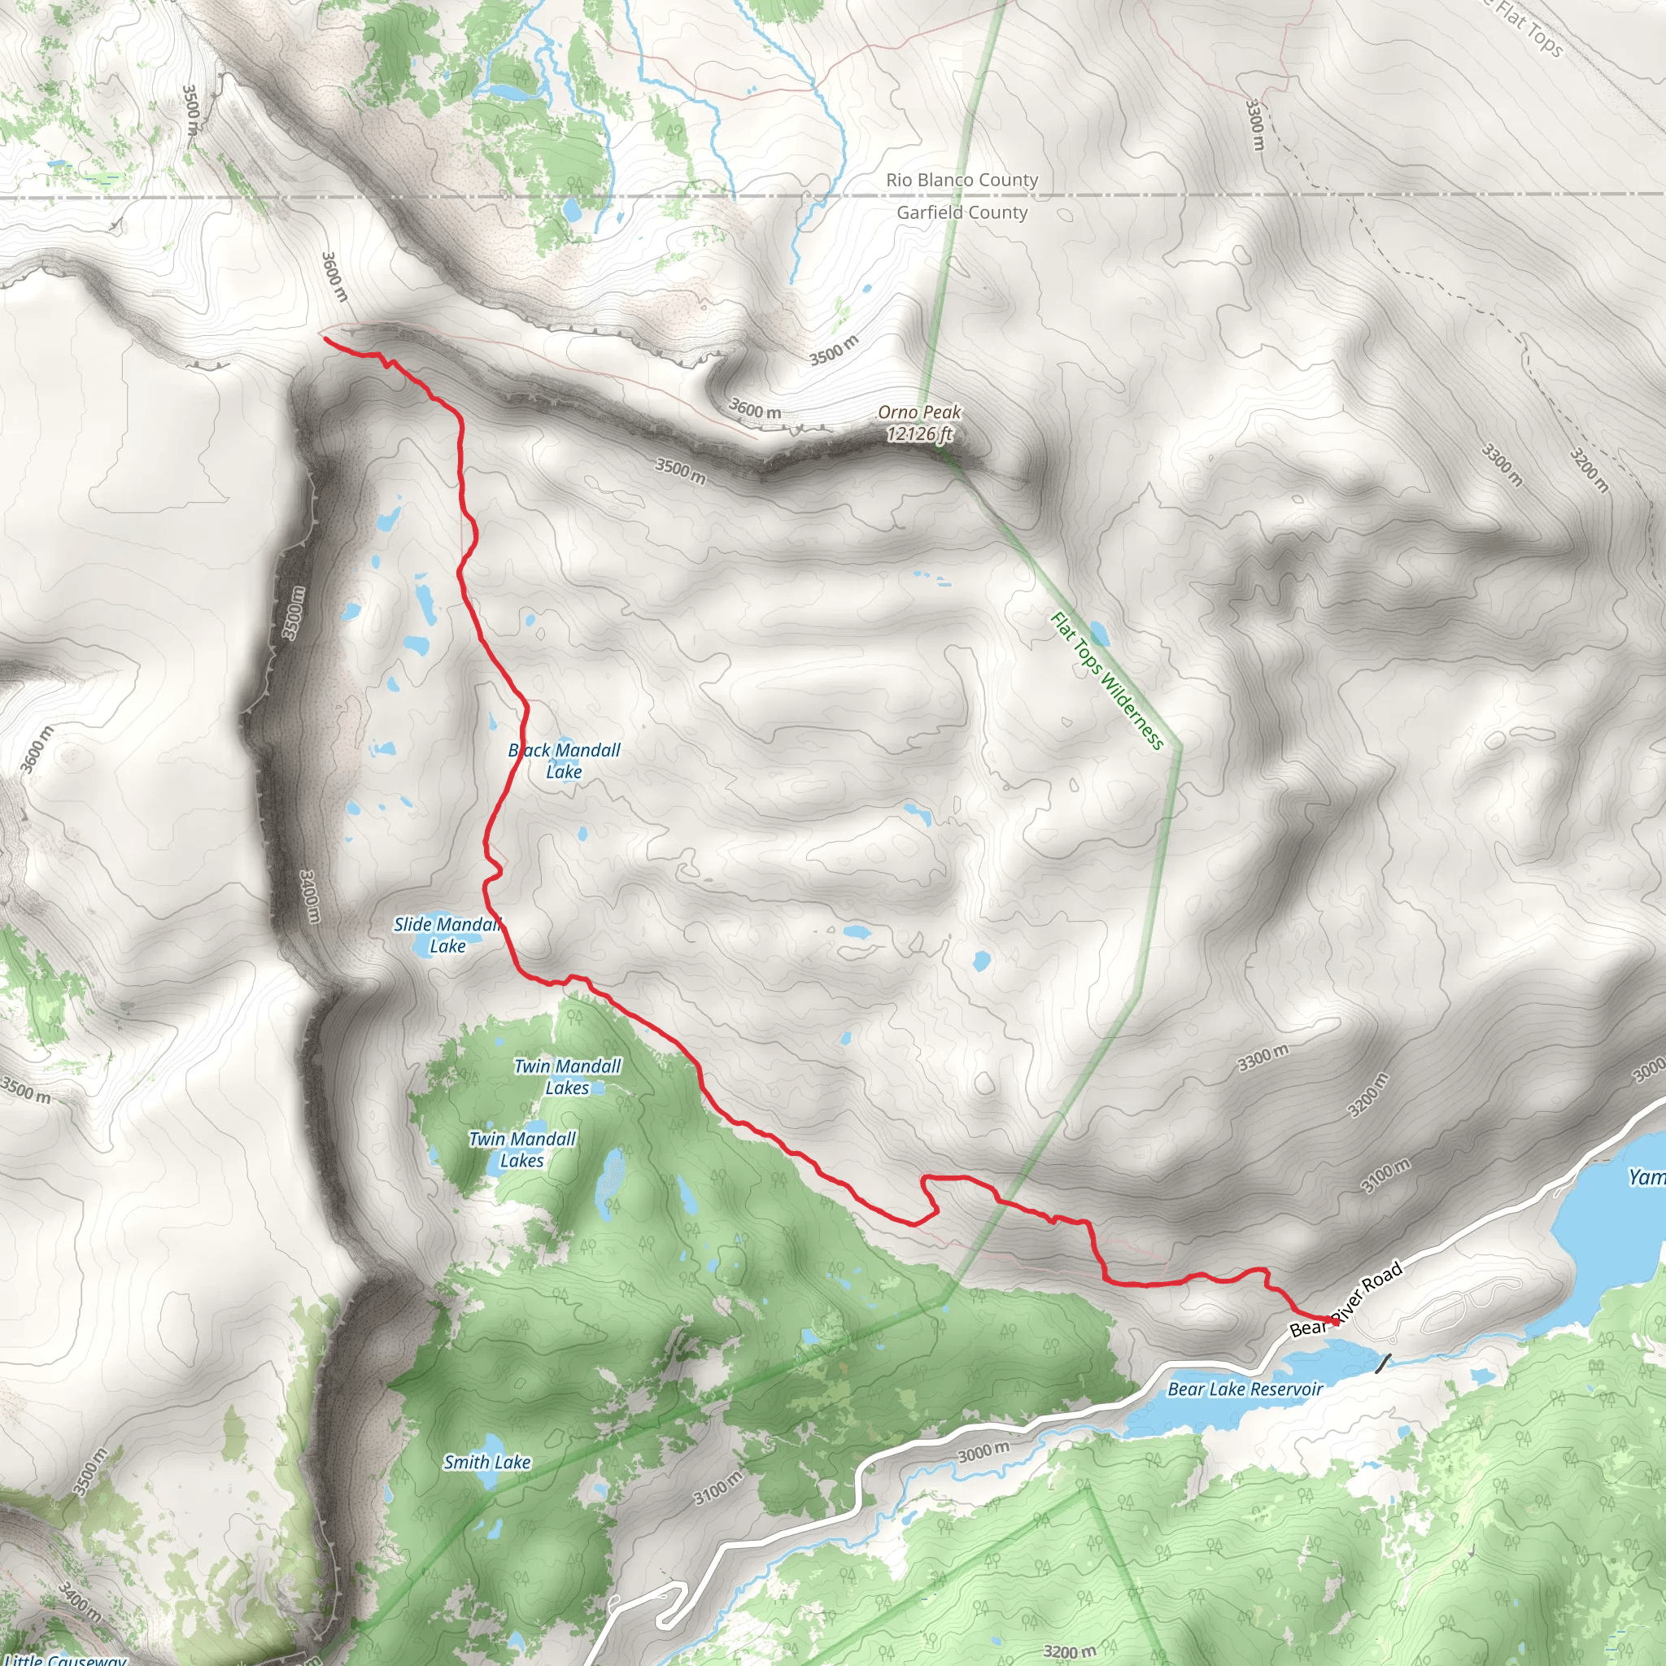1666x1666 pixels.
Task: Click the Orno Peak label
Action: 919,412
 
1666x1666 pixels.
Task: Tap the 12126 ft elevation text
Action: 919,434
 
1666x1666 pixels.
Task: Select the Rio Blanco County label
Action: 962,181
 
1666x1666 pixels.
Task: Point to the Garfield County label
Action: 962,212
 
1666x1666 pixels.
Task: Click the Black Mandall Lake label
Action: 564,761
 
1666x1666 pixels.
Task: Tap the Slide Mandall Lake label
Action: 447,935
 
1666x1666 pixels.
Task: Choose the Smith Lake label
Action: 486,1462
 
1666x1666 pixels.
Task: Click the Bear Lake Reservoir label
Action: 1245,1389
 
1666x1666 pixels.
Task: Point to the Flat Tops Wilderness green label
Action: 1107,680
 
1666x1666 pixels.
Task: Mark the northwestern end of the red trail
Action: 325,339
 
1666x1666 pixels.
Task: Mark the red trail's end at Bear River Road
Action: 1336,1320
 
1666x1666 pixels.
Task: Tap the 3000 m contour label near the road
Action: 983,1452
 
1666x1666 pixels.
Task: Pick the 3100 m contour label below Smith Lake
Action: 717,1488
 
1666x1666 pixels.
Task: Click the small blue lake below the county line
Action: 571,210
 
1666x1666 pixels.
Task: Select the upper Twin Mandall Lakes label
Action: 568,1076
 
